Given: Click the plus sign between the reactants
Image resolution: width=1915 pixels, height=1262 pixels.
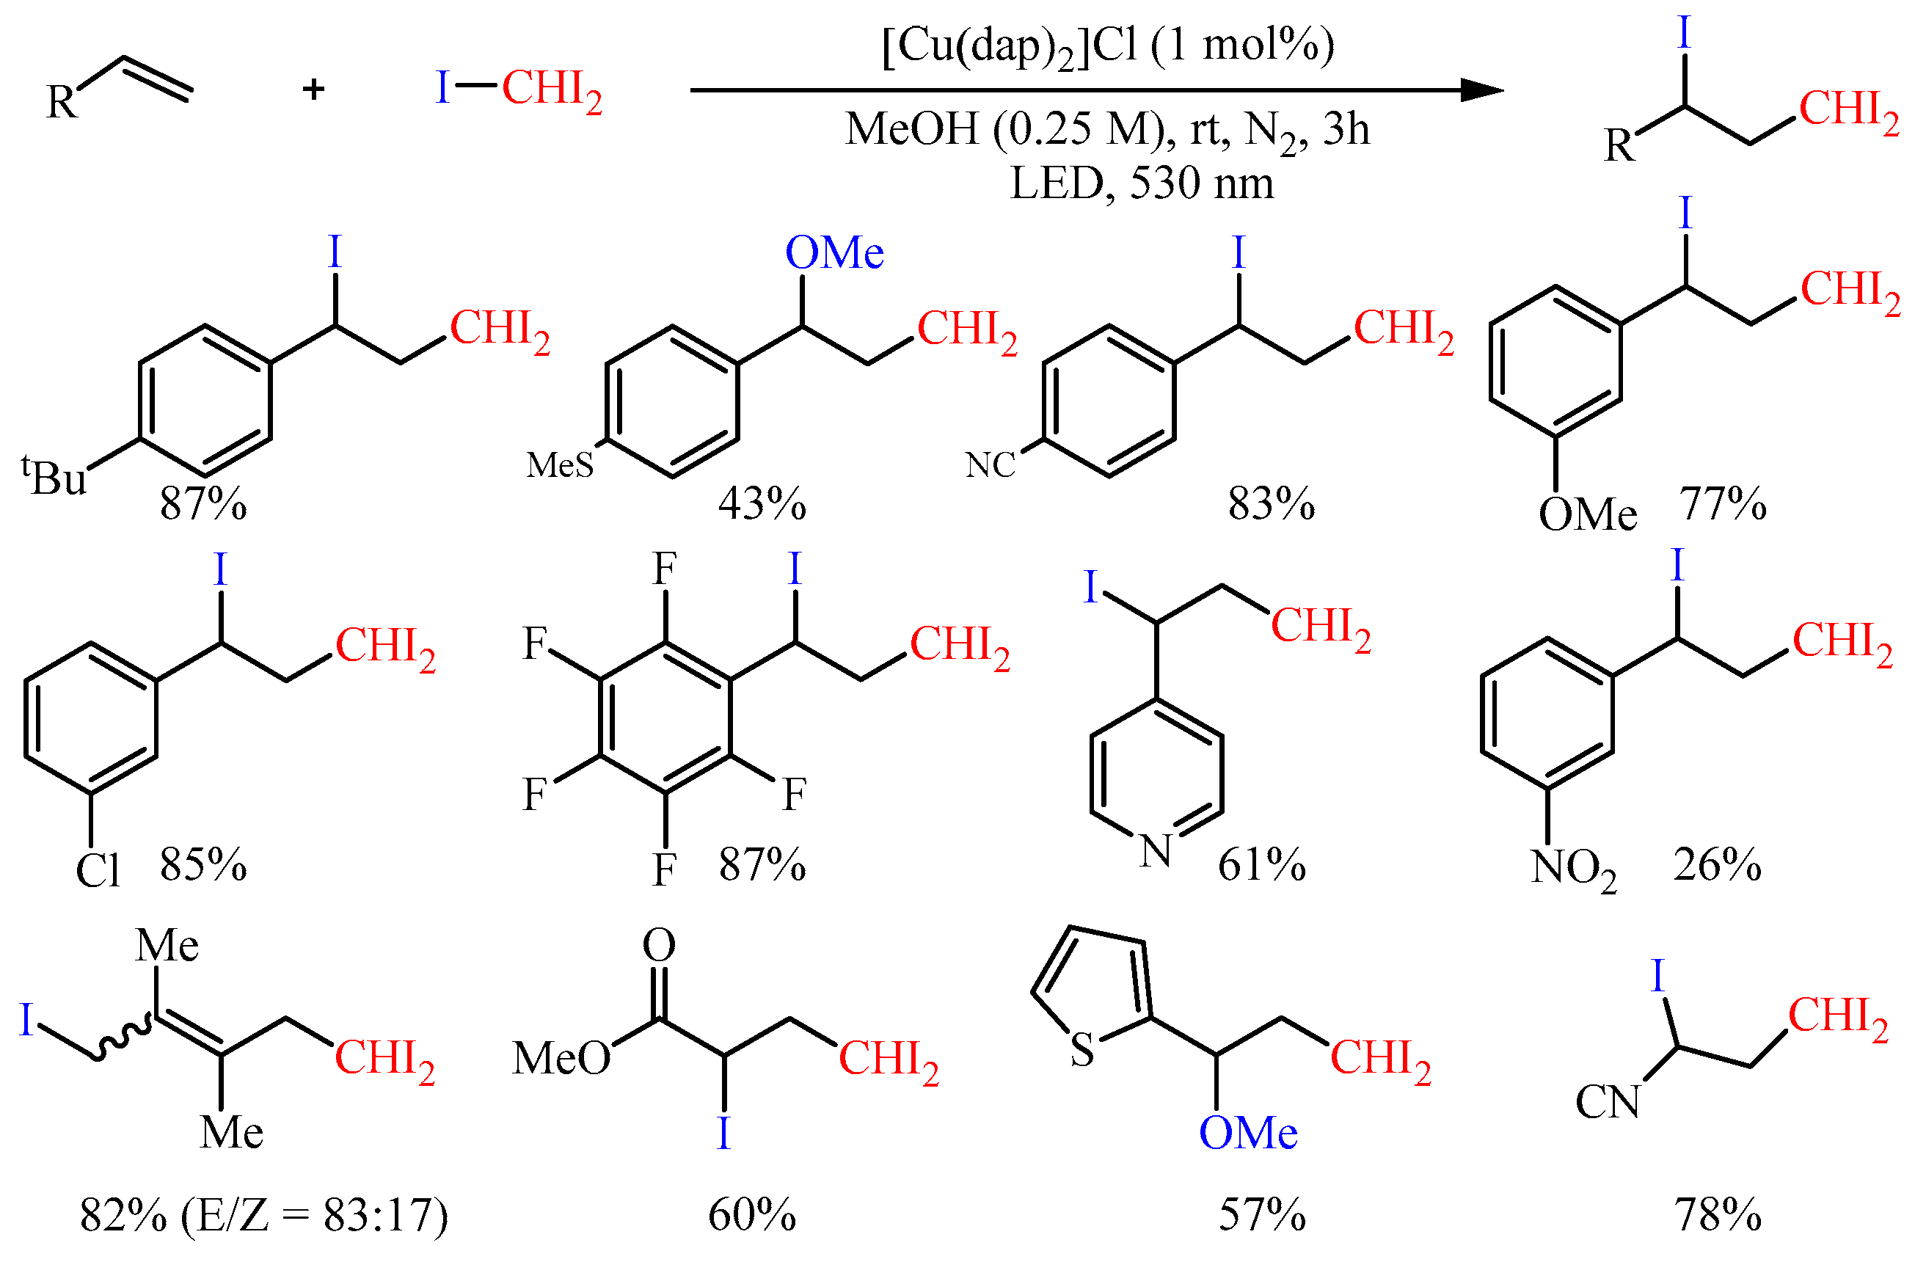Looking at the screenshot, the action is [314, 89].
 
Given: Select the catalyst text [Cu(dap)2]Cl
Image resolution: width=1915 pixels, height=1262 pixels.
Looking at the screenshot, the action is [1010, 47].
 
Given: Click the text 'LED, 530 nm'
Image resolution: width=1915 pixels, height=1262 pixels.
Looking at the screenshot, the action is [1142, 183].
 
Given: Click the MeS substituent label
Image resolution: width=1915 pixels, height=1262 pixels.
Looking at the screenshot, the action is [560, 465].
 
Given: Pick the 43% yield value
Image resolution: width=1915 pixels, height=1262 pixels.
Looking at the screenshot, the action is [762, 505].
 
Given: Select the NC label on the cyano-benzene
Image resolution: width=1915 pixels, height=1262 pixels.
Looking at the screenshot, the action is [991, 465].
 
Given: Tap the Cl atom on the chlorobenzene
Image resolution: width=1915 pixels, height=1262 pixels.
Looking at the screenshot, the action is [98, 871].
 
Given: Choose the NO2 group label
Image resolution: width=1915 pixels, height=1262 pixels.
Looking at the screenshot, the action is [1573, 869].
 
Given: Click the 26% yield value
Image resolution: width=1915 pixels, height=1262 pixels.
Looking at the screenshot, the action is [1717, 865].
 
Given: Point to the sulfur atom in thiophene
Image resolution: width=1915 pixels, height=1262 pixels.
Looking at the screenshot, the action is [1082, 1049].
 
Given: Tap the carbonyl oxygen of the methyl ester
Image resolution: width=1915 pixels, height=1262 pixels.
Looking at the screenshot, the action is [659, 946].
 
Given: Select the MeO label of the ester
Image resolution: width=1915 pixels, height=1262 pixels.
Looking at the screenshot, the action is [561, 1057].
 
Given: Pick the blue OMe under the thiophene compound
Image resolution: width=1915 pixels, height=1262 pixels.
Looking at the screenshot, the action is [1248, 1133].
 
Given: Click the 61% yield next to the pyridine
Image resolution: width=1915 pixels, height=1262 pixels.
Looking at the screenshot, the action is [1262, 865].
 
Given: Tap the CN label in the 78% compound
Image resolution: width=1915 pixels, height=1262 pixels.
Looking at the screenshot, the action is [1608, 1102].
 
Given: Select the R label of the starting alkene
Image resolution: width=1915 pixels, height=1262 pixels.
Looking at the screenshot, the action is [62, 103].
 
